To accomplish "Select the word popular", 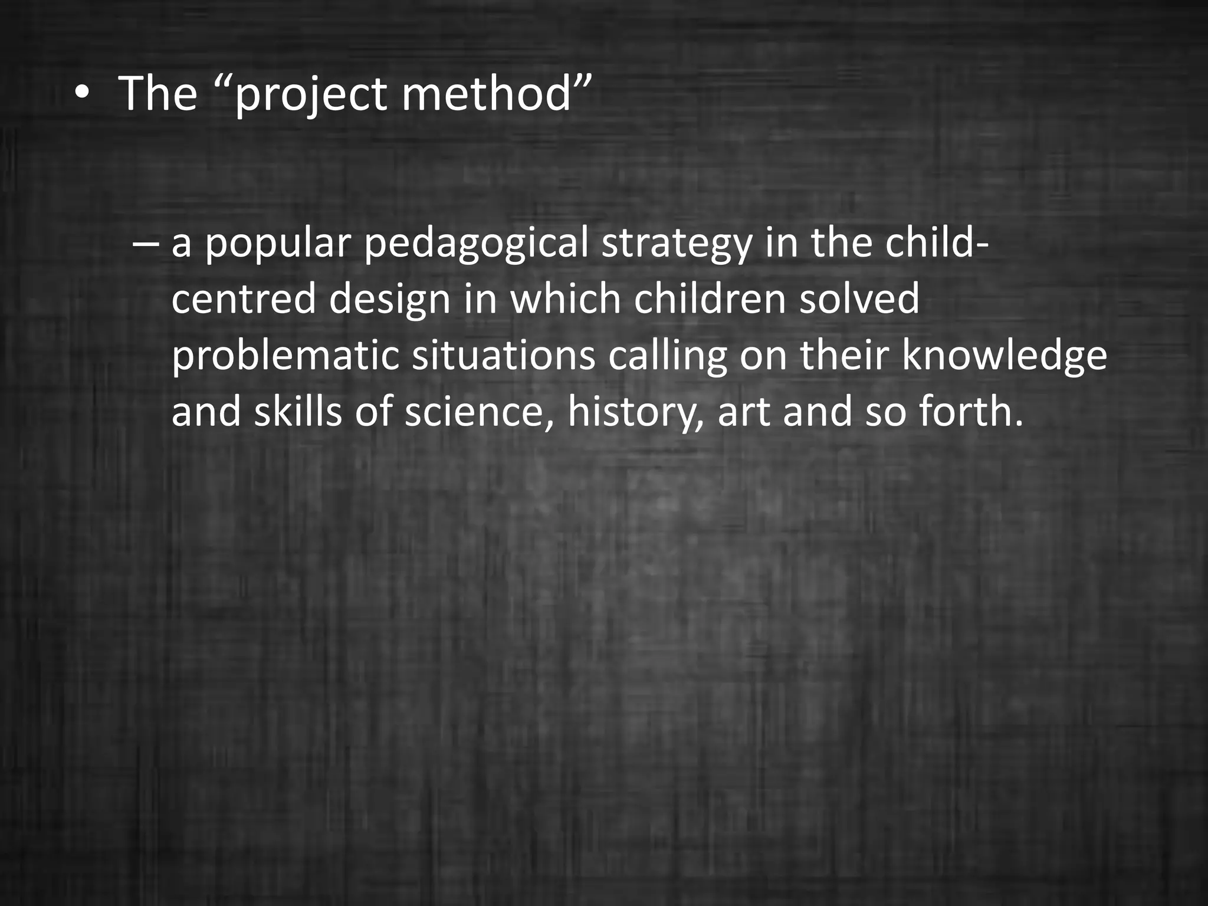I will point(278,244).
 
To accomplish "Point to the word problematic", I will point(285,356).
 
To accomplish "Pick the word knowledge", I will point(1003,356).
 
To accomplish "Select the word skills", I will point(298,411).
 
